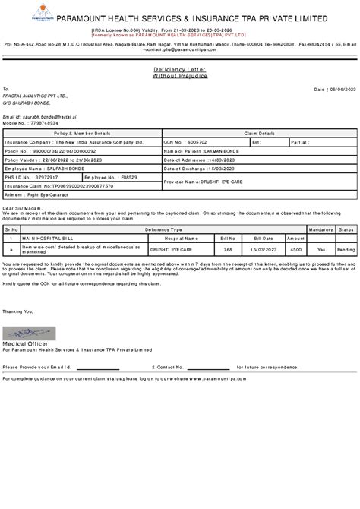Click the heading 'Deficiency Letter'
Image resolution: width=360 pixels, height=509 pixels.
pyautogui.click(x=180, y=69)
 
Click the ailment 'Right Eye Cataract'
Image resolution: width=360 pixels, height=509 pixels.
pyautogui.click(x=38, y=194)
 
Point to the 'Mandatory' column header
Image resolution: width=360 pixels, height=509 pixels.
pyautogui.click(x=321, y=228)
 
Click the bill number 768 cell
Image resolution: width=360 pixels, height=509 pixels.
pyautogui.click(x=226, y=248)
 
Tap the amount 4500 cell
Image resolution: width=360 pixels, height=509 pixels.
pyautogui.click(x=296, y=248)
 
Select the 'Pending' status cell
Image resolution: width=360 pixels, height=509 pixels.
pyautogui.click(x=347, y=248)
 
